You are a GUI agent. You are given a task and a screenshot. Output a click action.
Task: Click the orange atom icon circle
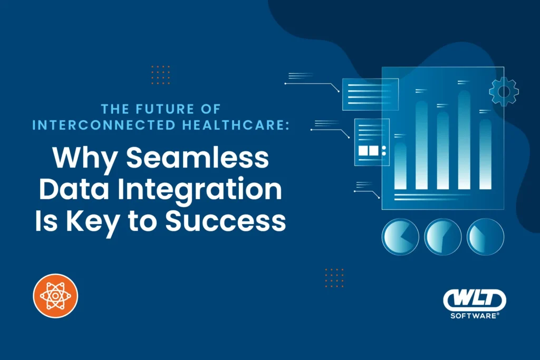55,296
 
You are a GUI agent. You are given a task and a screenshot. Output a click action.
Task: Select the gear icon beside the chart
504,92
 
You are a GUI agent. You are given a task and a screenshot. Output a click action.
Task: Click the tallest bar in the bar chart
464,140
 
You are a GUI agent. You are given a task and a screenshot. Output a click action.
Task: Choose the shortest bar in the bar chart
401,166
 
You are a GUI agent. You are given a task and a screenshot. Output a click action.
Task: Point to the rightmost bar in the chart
485,154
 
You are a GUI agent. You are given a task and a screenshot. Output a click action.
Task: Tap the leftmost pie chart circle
400,237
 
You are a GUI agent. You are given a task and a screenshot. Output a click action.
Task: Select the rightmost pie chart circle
486,237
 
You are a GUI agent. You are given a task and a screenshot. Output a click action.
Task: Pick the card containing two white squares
372,142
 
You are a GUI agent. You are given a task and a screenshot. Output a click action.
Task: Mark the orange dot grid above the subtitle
160,75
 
